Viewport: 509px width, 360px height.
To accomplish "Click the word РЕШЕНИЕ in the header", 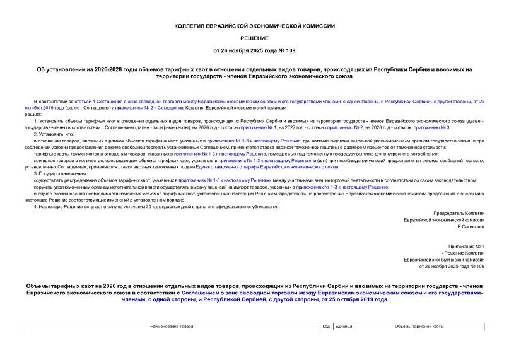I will [254, 38].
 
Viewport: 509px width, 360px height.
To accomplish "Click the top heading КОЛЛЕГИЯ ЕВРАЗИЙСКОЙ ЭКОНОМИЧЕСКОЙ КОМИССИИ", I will [254, 26].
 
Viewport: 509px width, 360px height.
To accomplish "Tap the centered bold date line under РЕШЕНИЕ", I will [254, 50].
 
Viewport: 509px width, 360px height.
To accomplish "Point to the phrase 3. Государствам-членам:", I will [60, 173].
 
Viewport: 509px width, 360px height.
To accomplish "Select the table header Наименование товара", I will [172, 327].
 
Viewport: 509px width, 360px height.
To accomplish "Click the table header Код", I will [327, 327].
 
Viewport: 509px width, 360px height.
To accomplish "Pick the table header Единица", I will [344, 327].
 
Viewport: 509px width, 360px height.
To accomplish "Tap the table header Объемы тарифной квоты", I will [419, 327].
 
